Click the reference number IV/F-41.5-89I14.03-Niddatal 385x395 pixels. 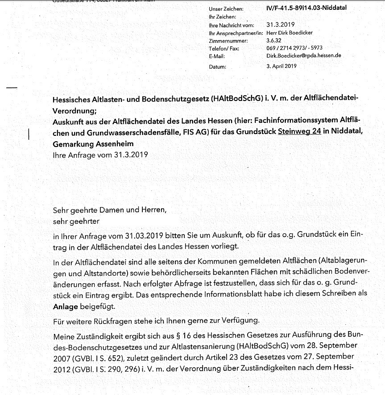pos(306,8)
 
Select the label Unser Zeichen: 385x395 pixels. pos(226,9)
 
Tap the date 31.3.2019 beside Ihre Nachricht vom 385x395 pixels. pos(280,25)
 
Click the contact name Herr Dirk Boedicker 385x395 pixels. pos(289,33)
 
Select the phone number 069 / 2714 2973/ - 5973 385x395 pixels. pos(294,48)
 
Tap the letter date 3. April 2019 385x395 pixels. pos(281,66)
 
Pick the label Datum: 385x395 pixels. pos(218,67)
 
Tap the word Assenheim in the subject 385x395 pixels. pos(114,144)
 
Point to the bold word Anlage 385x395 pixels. pos(65,307)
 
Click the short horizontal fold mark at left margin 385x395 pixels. pos(12,88)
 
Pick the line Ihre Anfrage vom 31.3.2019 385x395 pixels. pos(100,155)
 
